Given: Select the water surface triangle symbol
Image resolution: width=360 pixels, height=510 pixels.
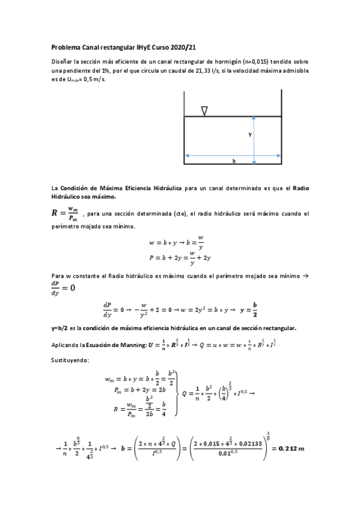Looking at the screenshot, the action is coord(204,111).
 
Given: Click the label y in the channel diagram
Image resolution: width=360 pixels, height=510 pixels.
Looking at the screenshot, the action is coord(249,135).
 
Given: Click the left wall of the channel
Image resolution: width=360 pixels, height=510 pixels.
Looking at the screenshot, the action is coord(184,127).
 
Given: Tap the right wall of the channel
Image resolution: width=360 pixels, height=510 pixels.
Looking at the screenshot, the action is coord(282,127).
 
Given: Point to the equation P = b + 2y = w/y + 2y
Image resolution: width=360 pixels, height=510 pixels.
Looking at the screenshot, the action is coord(180,257).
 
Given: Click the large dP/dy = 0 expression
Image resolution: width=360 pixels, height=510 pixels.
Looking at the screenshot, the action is coord(63,286).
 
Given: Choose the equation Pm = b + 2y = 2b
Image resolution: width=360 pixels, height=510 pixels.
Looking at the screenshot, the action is coord(140,390).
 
